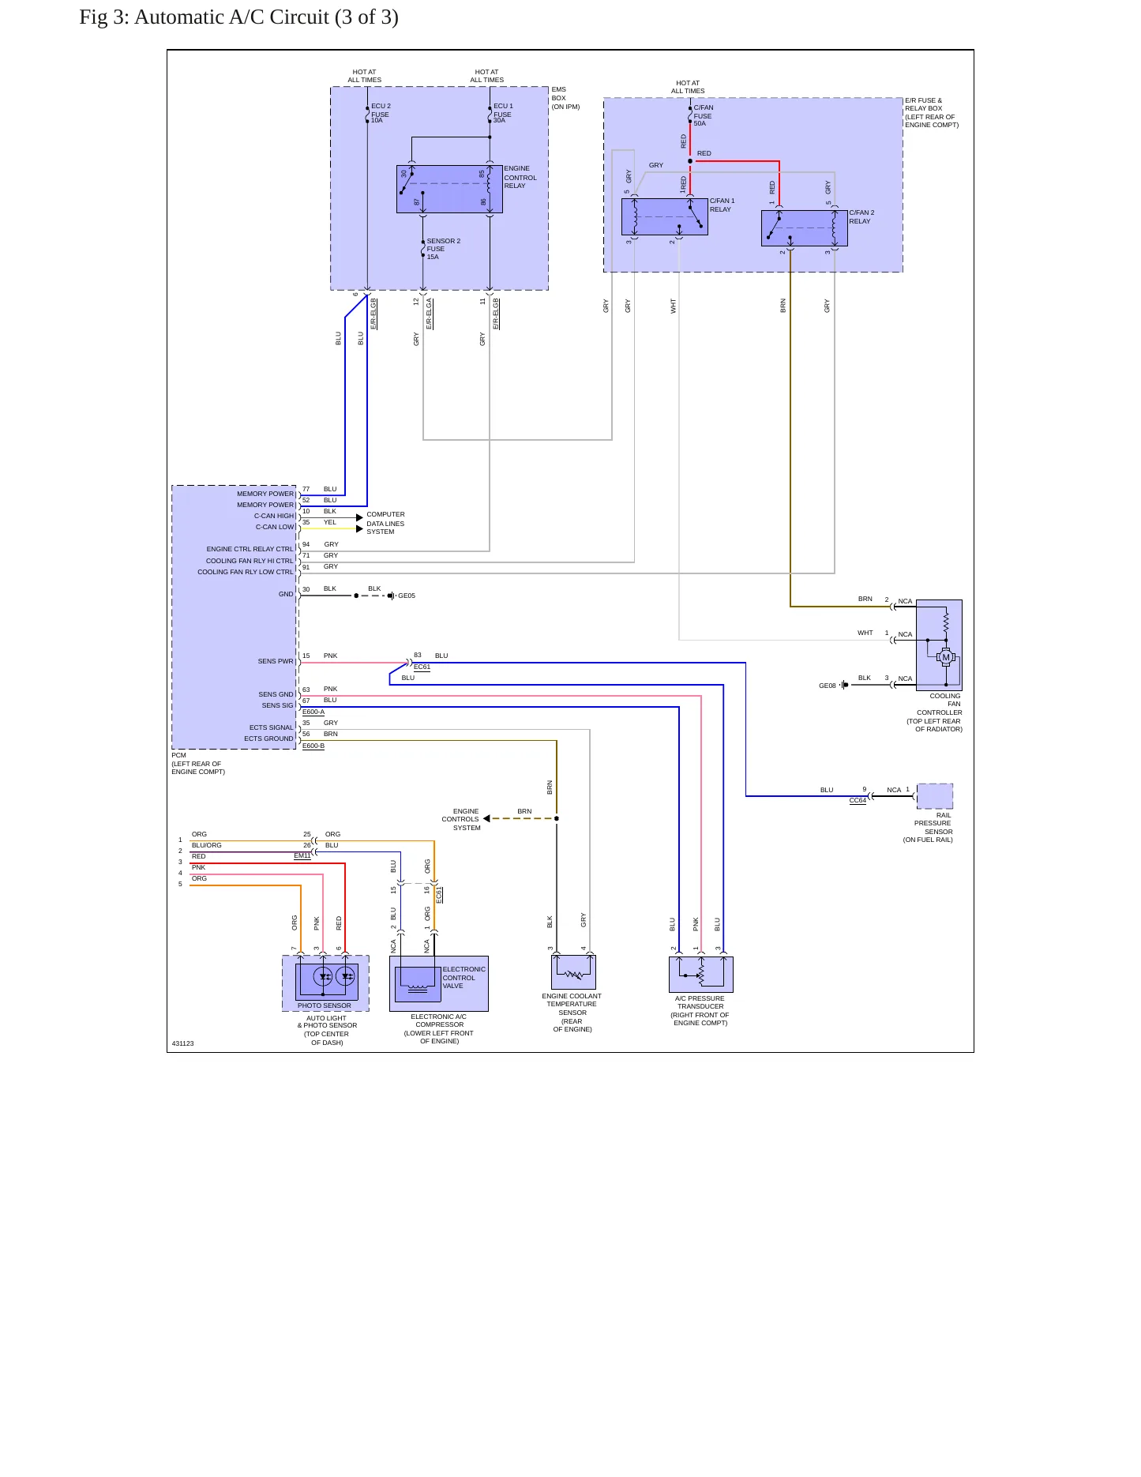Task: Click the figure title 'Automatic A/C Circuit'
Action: pyautogui.click(x=232, y=17)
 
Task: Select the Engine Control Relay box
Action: pyautogui.click(x=449, y=190)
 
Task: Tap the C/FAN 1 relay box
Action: pyautogui.click(x=665, y=216)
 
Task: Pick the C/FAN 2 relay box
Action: pyautogui.click(x=805, y=228)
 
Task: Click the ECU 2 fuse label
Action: pyautogui.click(x=381, y=113)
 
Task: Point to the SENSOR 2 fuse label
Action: pyautogui.click(x=443, y=249)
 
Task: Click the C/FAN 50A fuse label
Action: pyautogui.click(x=703, y=115)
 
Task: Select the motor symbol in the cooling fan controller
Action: pyautogui.click(x=946, y=657)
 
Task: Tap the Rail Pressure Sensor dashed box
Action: pyautogui.click(x=935, y=796)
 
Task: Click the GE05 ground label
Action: pyautogui.click(x=407, y=596)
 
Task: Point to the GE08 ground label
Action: pyautogui.click(x=827, y=686)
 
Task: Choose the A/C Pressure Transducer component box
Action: pyautogui.click(x=701, y=975)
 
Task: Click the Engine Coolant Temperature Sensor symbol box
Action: pyautogui.click(x=573, y=972)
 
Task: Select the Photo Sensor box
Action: pyautogui.click(x=325, y=983)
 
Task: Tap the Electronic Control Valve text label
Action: pyautogui.click(x=464, y=978)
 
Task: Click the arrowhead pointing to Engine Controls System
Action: pyautogui.click(x=486, y=818)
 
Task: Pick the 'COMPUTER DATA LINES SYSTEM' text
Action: pyautogui.click(x=385, y=523)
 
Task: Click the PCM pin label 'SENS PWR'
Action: pyautogui.click(x=276, y=662)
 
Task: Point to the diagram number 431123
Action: pyautogui.click(x=182, y=1044)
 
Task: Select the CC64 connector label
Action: pyautogui.click(x=858, y=801)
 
